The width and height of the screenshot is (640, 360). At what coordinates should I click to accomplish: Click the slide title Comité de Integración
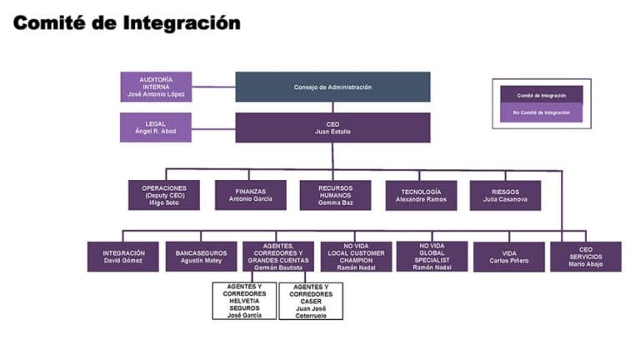127,22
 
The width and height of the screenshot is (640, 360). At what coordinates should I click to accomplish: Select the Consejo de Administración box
332,87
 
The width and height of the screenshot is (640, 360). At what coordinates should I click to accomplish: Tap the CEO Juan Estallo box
332,127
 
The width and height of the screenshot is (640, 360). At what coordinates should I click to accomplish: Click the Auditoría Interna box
156,87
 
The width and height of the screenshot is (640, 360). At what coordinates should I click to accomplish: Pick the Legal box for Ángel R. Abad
156,127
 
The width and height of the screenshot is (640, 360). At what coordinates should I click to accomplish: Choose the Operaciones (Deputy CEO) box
164,195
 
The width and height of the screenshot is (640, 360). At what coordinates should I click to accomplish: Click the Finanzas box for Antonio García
251,195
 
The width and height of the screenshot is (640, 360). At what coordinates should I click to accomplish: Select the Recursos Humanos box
335,195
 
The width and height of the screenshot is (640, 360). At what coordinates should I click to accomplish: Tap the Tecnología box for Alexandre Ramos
421,195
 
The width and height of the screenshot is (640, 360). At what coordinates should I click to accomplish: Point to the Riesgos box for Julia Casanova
505,195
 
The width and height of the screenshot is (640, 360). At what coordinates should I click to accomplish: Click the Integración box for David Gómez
123,257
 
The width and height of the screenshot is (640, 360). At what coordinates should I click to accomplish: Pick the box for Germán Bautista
278,257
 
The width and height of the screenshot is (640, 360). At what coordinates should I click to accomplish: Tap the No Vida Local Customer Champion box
356,257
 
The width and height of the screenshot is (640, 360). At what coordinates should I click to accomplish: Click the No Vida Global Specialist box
432,256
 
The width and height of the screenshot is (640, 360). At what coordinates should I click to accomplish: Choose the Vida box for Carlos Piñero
508,257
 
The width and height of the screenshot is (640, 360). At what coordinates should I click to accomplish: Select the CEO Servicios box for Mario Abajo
585,257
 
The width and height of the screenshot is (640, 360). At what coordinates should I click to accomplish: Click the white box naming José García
245,301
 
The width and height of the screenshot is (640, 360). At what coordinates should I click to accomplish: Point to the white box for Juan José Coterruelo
311,301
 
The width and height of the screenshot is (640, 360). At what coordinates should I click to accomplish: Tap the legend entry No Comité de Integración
542,112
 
